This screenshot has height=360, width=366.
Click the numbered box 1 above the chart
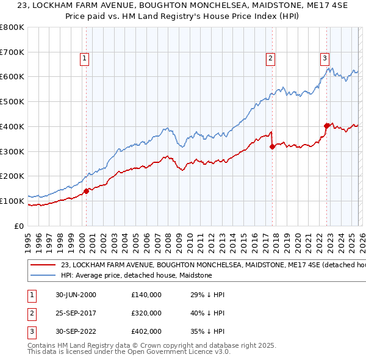(84, 59)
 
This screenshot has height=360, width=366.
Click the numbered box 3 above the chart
(325, 59)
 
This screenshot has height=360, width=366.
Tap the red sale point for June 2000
(87, 191)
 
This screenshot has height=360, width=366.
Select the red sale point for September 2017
(272, 146)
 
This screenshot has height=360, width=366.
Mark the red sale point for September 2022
(326, 126)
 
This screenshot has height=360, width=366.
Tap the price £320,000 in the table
(146, 313)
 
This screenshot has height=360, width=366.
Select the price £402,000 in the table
(146, 331)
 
